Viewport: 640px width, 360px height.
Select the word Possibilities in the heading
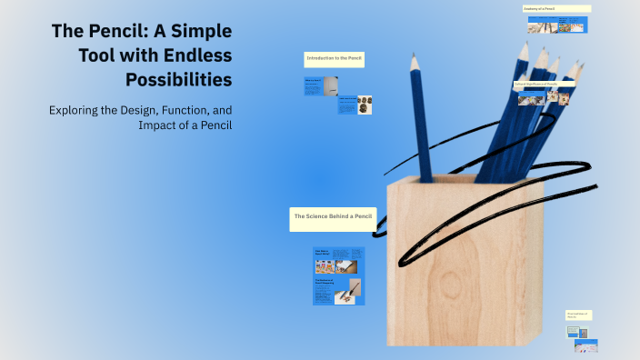point(178,79)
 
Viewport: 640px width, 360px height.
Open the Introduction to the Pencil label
point(335,59)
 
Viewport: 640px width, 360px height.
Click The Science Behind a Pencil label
point(332,216)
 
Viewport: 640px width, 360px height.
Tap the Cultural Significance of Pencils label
point(544,85)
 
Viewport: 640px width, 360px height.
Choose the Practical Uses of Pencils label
point(578,315)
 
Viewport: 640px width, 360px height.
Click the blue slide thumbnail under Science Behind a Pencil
point(338,275)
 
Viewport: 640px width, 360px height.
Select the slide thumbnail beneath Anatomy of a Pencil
point(556,28)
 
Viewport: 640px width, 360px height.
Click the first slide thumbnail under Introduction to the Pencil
point(315,87)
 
